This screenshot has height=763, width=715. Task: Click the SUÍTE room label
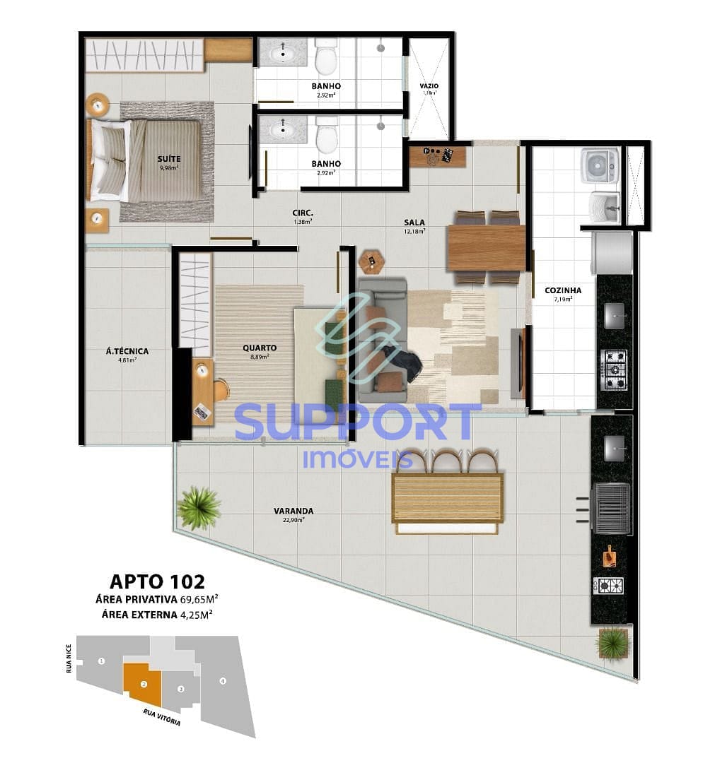coord(168,160)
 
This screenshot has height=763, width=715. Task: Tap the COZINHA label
coord(563,290)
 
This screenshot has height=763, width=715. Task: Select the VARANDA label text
coord(293,511)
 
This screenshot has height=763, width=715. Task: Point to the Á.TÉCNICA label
coord(127,351)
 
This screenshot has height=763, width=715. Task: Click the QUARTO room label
coord(259,348)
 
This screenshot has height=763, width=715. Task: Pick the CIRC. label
coord(303,213)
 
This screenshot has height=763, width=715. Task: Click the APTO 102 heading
coord(157,581)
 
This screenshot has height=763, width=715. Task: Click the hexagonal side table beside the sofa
coord(371,262)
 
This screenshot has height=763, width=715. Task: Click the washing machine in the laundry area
coord(600,165)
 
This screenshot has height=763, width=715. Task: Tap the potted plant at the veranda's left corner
coord(198,507)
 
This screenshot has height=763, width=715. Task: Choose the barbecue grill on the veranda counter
coord(612,508)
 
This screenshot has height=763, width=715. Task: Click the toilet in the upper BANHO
coord(326,56)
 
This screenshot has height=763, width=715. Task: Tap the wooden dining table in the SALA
coord(487,247)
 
